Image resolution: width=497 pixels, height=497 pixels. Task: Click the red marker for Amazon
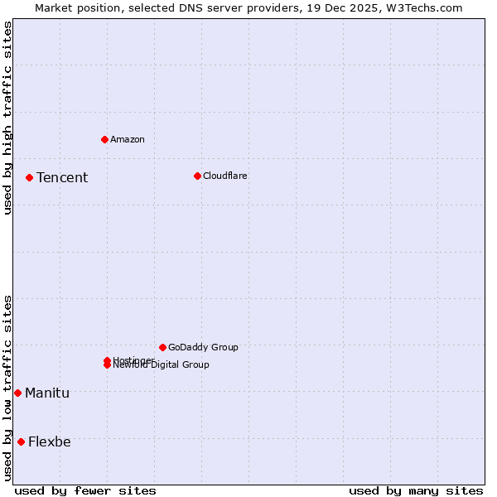pyautogui.click(x=104, y=139)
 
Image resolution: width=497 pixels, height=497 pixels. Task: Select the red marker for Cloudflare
pyautogui.click(x=197, y=176)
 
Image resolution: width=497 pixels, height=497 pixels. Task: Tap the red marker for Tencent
pyautogui.click(x=29, y=177)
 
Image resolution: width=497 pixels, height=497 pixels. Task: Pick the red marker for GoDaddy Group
pyautogui.click(x=162, y=347)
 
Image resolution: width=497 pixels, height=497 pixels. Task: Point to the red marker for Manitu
pyautogui.click(x=17, y=393)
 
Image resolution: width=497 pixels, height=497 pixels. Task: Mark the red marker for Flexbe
pyautogui.click(x=21, y=442)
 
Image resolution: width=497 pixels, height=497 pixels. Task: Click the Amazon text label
pyautogui.click(x=128, y=139)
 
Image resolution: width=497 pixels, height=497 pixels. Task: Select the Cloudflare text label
pyautogui.click(x=225, y=176)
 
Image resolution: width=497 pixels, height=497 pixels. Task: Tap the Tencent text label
pyautogui.click(x=62, y=177)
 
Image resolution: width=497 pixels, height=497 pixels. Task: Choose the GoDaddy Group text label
pyautogui.click(x=203, y=347)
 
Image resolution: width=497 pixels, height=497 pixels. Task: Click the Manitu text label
pyautogui.click(x=47, y=393)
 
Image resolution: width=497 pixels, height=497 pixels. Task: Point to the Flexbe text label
pyautogui.click(x=50, y=442)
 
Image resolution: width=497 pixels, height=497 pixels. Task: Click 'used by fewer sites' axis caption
pyautogui.click(x=85, y=490)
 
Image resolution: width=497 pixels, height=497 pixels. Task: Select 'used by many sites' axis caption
pyautogui.click(x=416, y=490)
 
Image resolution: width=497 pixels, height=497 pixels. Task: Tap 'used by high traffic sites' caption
pyautogui.click(x=7, y=118)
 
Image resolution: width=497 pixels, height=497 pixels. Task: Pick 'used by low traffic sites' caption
pyautogui.click(x=7, y=387)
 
